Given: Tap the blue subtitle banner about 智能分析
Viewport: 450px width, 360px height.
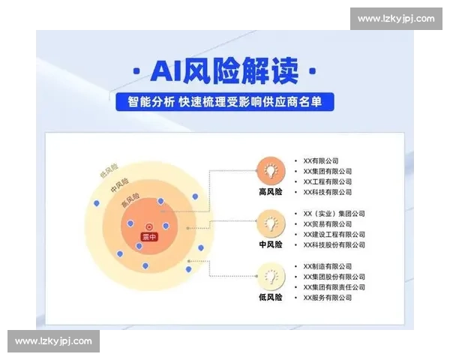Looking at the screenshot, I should click(x=224, y=101).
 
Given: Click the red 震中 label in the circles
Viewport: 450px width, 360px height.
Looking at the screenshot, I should click(x=149, y=237).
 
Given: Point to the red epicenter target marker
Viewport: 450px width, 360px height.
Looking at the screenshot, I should click(x=148, y=226).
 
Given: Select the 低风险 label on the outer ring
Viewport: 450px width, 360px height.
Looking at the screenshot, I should click(x=109, y=170).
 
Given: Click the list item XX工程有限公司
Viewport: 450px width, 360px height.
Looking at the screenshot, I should click(x=327, y=181).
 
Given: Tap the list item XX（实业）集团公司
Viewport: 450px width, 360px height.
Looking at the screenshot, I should click(x=334, y=213).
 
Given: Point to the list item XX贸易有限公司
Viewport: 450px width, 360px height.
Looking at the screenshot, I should click(x=327, y=223).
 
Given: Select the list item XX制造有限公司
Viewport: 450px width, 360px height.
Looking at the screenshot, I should click(x=327, y=266).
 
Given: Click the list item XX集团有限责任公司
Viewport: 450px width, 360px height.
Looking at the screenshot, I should click(x=334, y=287).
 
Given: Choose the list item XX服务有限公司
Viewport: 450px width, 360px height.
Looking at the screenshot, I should click(x=327, y=298).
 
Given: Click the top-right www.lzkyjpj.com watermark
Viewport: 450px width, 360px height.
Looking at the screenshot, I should click(x=395, y=18).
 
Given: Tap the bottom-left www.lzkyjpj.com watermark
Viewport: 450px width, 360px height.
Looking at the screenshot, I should click(x=53, y=341).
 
